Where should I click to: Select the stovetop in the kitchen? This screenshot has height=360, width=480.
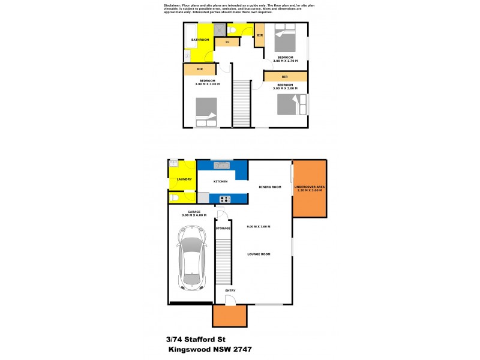pyautogui.click(x=225, y=199)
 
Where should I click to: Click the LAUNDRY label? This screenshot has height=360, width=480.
pyautogui.click(x=184, y=179)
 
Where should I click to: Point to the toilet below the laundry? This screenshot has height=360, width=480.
pyautogui.click(x=174, y=197)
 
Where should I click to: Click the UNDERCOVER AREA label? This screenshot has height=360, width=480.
pyautogui.click(x=310, y=188)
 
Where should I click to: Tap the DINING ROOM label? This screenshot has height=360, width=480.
pyautogui.click(x=269, y=187)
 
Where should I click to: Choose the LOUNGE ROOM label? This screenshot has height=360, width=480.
pyautogui.click(x=259, y=254)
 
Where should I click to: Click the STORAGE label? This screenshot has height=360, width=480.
pyautogui.click(x=223, y=229)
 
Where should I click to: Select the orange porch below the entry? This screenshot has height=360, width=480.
pyautogui.click(x=229, y=315)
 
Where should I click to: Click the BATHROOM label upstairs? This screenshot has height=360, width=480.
pyautogui.click(x=200, y=40)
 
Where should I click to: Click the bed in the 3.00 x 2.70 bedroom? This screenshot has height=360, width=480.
pyautogui.click(x=285, y=41)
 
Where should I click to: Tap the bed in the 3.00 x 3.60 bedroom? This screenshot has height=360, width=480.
pyautogui.click(x=287, y=104)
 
